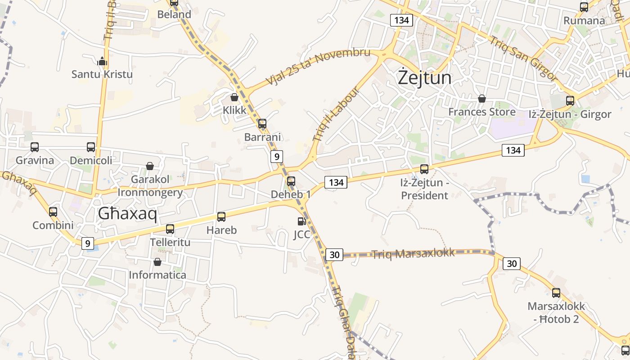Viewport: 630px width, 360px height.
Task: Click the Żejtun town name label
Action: click(424, 78)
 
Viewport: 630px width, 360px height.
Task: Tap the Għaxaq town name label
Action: click(127, 214)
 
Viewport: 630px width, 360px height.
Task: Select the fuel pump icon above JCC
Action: click(301, 221)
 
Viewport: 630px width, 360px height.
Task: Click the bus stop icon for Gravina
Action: click(35, 147)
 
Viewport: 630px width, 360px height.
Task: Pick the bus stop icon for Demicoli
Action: click(91, 147)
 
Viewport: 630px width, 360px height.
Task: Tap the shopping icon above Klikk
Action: click(234, 97)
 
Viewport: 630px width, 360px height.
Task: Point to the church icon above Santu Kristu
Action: click(102, 61)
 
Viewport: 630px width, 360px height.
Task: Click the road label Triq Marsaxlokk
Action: click(413, 253)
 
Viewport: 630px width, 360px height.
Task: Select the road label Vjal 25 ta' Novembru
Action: click(318, 67)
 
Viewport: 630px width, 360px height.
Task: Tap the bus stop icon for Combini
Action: click(53, 212)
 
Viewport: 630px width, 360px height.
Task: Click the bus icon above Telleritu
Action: click(170, 229)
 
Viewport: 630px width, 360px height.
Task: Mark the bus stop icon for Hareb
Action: click(221, 217)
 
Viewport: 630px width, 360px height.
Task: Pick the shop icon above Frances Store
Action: click(482, 99)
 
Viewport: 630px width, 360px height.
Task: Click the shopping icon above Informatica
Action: click(157, 262)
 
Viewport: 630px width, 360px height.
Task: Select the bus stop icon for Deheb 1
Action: click(291, 181)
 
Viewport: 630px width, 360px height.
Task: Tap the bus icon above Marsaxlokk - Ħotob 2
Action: click(556, 293)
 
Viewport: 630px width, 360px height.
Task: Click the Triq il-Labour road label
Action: click(337, 114)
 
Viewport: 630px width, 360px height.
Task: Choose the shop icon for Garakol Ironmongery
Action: click(150, 166)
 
